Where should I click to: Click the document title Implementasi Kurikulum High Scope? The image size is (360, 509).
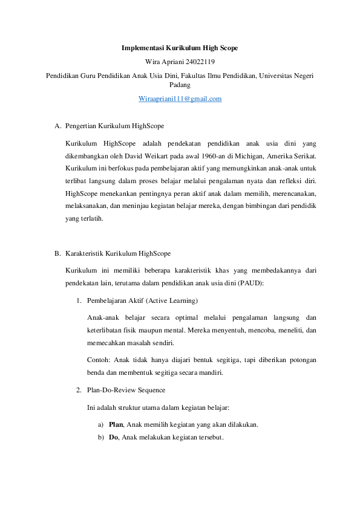(x=180, y=47)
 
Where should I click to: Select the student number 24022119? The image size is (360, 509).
(x=199, y=61)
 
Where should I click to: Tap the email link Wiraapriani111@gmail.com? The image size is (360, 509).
(x=180, y=98)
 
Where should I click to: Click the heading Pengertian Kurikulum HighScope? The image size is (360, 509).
(x=114, y=126)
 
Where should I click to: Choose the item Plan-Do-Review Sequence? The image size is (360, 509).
(x=126, y=389)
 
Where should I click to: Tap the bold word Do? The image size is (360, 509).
(x=113, y=437)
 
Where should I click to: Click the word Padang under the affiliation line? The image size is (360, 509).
(x=180, y=85)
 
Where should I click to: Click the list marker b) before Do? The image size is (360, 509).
(x=100, y=437)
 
